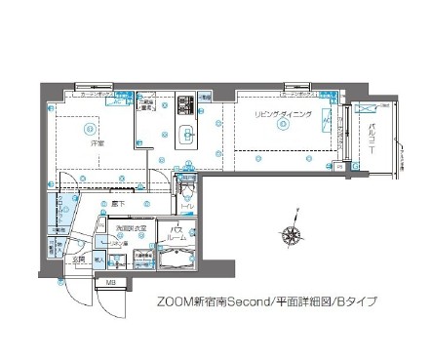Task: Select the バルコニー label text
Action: (374, 134)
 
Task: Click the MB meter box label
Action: (110, 284)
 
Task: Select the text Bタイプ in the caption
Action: (356, 301)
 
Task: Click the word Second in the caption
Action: (251, 301)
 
